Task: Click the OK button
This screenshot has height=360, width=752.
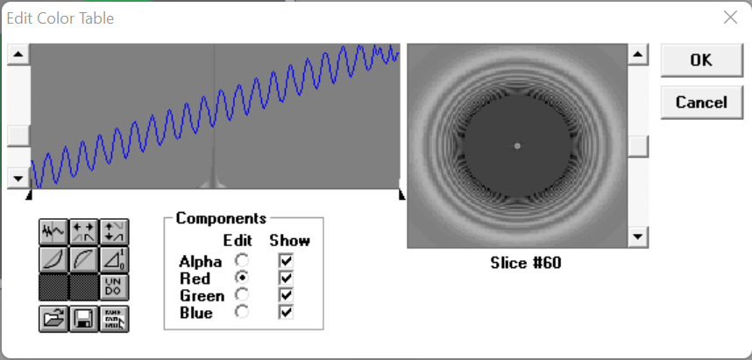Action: pyautogui.click(x=702, y=60)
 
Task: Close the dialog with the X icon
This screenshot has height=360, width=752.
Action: pyautogui.click(x=730, y=18)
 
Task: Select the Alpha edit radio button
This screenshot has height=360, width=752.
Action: pyautogui.click(x=242, y=261)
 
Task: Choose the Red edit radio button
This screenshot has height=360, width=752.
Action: pyautogui.click(x=242, y=278)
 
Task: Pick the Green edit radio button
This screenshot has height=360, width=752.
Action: pyautogui.click(x=242, y=295)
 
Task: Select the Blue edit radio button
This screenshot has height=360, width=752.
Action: pyautogui.click(x=242, y=312)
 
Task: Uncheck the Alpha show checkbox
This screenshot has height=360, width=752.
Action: pyautogui.click(x=286, y=261)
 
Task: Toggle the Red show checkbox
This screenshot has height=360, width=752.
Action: pyautogui.click(x=286, y=278)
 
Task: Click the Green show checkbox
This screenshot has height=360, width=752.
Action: pyautogui.click(x=286, y=295)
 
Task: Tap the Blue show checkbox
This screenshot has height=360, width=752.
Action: pyautogui.click(x=286, y=312)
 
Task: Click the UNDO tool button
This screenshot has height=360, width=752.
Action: pyautogui.click(x=114, y=287)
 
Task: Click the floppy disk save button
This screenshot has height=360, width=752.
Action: pyautogui.click(x=84, y=318)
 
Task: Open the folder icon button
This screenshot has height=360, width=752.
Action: pyautogui.click(x=53, y=318)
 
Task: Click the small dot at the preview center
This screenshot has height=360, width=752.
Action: pyautogui.click(x=517, y=145)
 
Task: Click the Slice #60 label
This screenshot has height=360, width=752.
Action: pyautogui.click(x=526, y=263)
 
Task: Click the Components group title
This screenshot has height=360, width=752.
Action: pyautogui.click(x=221, y=218)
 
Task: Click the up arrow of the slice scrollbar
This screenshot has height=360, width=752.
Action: pyautogui.click(x=638, y=54)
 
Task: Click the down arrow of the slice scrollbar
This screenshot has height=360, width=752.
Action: pyautogui.click(x=638, y=236)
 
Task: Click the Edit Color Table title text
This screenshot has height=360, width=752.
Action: pyautogui.click(x=60, y=18)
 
